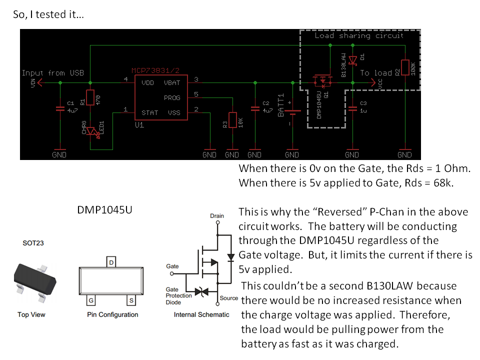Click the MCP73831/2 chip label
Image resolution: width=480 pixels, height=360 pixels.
pyautogui.click(x=155, y=70)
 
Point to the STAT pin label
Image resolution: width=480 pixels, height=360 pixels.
pyautogui.click(x=149, y=112)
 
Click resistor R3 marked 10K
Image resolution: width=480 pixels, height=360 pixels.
pyautogui.click(x=232, y=120)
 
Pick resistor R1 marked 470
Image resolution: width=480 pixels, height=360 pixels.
pyautogui.click(x=90, y=97)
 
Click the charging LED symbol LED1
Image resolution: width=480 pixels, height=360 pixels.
pyautogui.click(x=92, y=132)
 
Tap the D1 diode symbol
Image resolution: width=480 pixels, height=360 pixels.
pyautogui.click(x=353, y=60)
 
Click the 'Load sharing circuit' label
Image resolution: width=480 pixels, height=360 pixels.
pyautogui.click(x=358, y=35)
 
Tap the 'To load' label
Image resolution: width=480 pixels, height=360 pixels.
pyautogui.click(x=376, y=73)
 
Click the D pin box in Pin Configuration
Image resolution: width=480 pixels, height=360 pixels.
pyautogui.click(x=111, y=262)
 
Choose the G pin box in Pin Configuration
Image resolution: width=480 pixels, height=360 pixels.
pyautogui.click(x=91, y=300)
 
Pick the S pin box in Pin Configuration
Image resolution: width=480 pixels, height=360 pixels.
pyautogui.click(x=131, y=300)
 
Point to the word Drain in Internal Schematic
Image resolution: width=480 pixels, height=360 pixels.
pyautogui.click(x=217, y=216)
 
